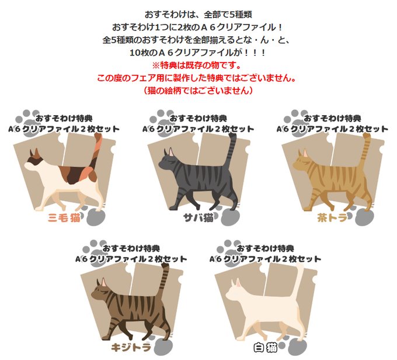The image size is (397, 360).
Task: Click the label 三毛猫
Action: (64, 217)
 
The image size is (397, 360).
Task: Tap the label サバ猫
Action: (198, 217)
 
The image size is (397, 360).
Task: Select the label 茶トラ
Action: (332, 217)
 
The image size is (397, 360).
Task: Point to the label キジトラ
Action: (131, 347)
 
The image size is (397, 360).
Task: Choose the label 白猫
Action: (265, 347)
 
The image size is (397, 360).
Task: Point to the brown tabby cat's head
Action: (100, 290)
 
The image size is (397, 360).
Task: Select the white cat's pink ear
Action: (238, 282)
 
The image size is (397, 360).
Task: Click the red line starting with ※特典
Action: (197, 65)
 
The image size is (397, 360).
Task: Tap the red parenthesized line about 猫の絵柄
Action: (198, 90)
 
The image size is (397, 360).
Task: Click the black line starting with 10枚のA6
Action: (198, 53)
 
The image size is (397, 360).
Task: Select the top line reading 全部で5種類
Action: (198, 15)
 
